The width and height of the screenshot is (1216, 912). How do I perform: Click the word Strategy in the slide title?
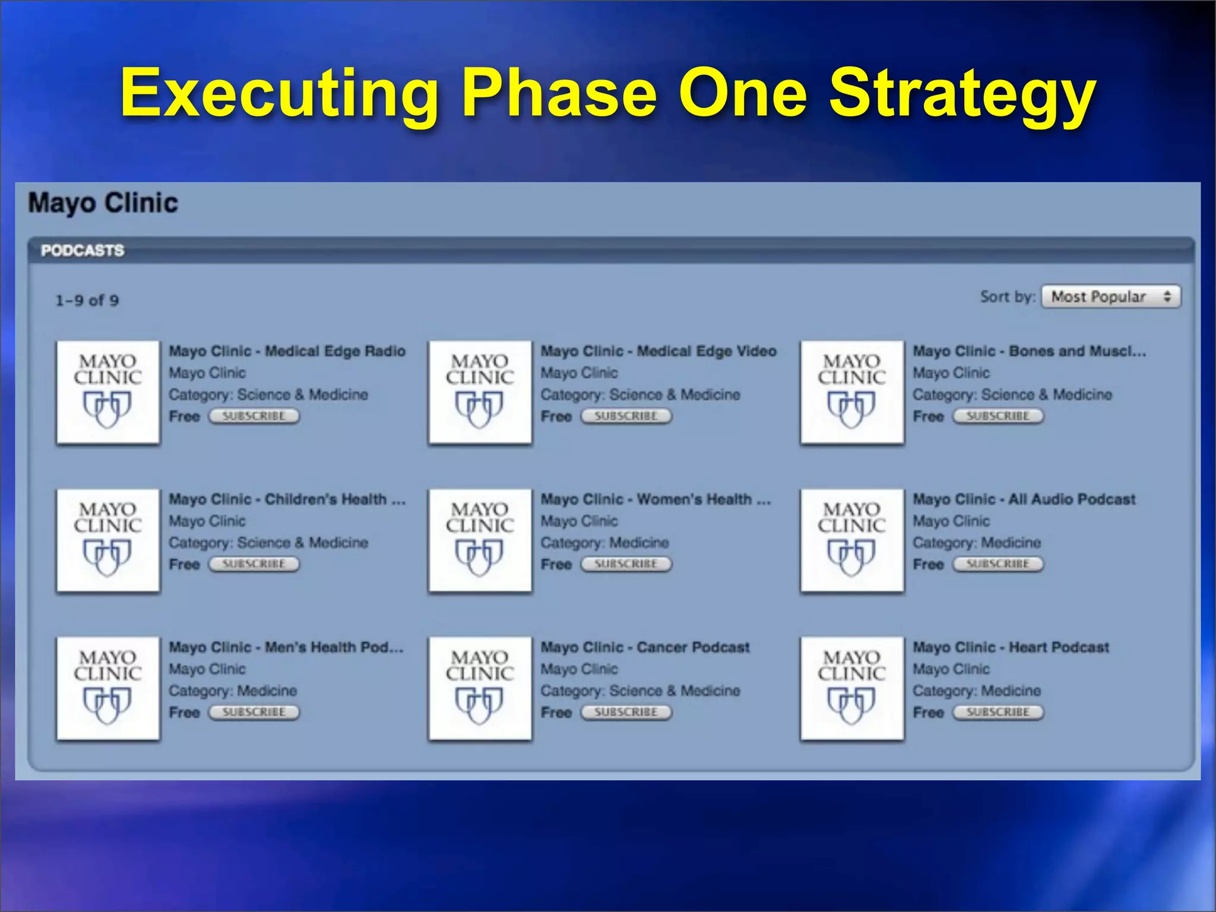[962, 94]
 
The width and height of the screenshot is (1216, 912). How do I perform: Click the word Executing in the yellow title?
[279, 94]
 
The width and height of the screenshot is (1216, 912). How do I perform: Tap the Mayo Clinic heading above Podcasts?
[103, 203]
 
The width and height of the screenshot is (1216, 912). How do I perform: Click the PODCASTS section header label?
[83, 251]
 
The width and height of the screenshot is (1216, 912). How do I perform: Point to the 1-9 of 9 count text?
[87, 300]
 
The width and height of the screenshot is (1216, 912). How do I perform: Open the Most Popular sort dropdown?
[1111, 297]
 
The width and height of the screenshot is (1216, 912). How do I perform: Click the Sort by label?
[1007, 297]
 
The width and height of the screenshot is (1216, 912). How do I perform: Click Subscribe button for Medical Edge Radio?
[254, 416]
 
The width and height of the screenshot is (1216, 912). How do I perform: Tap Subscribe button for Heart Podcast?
[998, 712]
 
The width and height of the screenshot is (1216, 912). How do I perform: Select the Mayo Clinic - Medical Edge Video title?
[658, 351]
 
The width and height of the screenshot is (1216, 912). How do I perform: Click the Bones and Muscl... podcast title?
[1029, 351]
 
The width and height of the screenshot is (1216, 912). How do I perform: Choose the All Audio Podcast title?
[1024, 499]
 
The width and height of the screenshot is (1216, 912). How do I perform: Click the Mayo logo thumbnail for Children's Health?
[108, 540]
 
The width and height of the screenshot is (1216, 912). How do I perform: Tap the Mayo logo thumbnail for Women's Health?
[480, 540]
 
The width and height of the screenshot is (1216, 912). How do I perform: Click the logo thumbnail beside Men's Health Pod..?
[108, 688]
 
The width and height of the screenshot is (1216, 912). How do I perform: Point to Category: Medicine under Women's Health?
[604, 543]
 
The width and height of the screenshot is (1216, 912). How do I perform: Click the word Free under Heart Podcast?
[928, 712]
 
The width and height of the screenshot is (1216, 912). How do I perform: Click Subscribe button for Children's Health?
[254, 564]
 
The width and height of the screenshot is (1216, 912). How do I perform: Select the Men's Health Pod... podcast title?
[286, 647]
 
